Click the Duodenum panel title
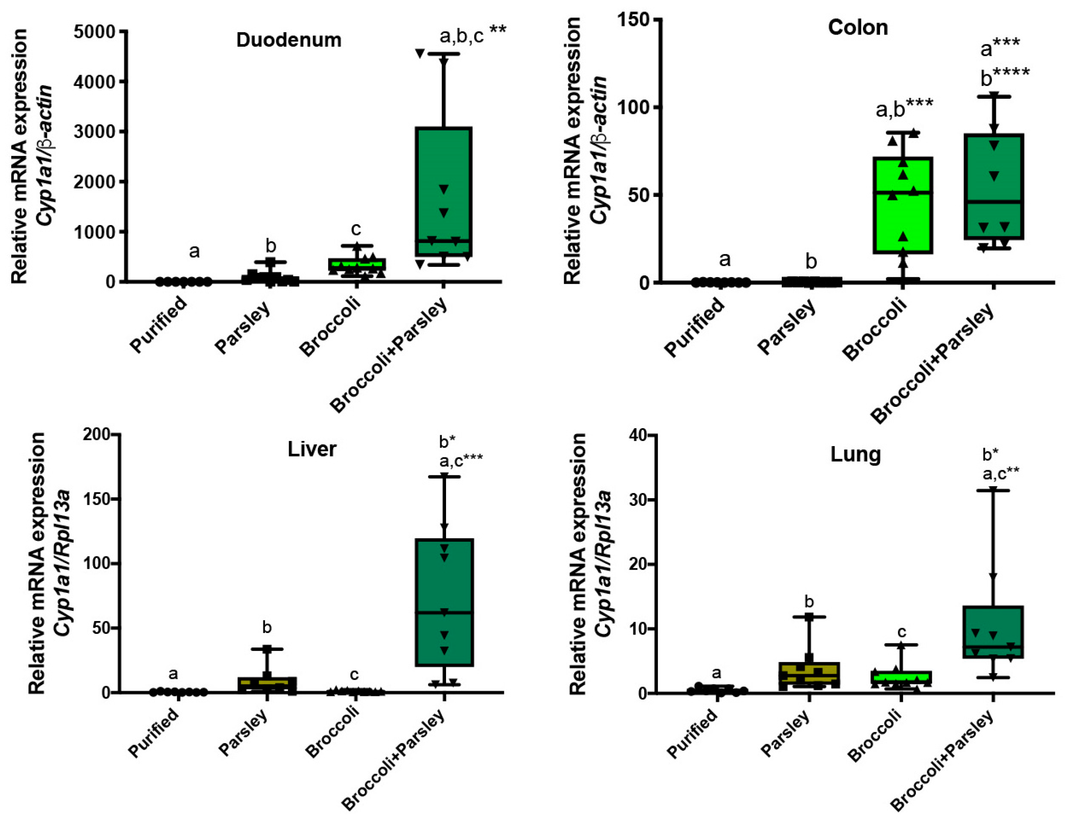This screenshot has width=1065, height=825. click(289, 40)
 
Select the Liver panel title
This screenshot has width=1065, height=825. click(312, 448)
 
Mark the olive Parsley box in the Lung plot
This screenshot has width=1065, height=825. click(809, 675)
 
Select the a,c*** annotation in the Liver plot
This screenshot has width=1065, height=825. click(460, 459)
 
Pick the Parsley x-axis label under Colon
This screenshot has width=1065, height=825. click(786, 327)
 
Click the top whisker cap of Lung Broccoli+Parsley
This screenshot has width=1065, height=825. click(992, 490)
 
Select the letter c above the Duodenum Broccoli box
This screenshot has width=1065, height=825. click(356, 228)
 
